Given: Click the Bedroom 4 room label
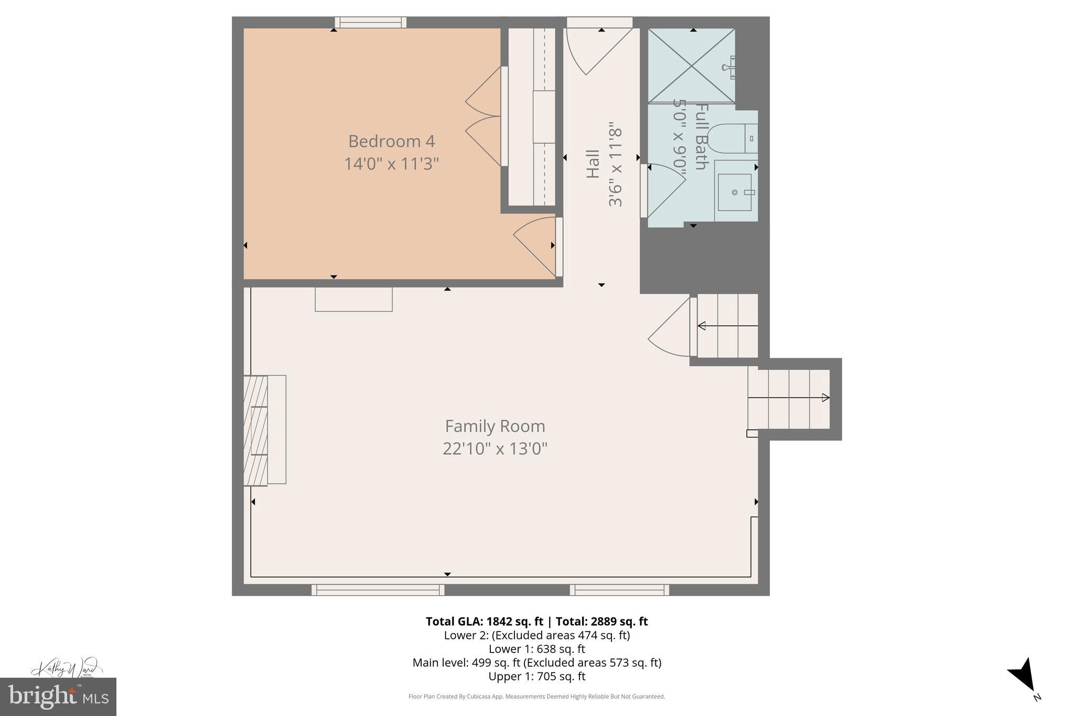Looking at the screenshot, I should (391, 141).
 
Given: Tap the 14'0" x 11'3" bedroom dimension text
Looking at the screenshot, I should (391, 164).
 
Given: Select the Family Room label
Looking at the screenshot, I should (495, 426).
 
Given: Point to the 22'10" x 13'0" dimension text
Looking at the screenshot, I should (495, 449).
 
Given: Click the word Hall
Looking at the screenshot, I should (593, 164).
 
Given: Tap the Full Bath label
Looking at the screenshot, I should (702, 136).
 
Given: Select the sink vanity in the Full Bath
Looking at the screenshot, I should (735, 192).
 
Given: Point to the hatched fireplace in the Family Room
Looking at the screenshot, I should (256, 430).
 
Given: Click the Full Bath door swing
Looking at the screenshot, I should (665, 189).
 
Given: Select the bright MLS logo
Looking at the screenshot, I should (58, 697).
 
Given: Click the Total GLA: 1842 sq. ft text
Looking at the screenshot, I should (484, 622).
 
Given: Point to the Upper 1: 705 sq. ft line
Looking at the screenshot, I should (536, 677).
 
